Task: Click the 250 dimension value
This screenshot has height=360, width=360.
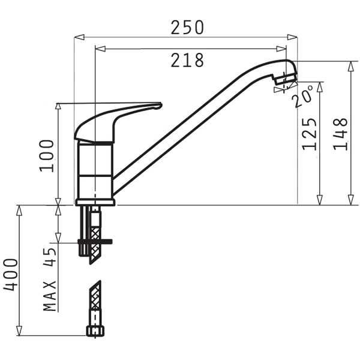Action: (187, 28)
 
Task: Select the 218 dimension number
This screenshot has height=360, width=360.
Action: (187, 60)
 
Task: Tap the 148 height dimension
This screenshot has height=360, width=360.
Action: (340, 134)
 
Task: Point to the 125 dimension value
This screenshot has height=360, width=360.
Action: (309, 134)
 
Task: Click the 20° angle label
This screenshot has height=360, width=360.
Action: (303, 97)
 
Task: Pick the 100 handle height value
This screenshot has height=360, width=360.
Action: (47, 156)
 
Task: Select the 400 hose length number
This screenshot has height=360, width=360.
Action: (10, 275)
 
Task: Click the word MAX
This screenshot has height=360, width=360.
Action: (50, 296)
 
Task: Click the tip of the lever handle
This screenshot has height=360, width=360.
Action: (161, 106)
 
